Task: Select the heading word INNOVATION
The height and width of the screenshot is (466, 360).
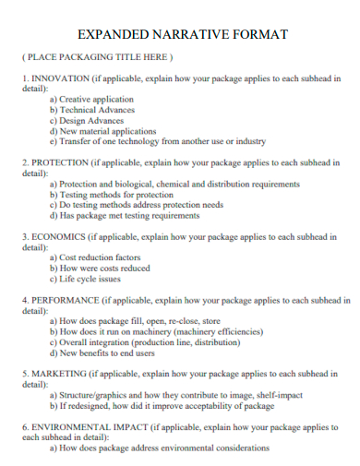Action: click(x=62, y=79)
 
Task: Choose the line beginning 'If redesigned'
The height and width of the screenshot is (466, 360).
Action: click(x=162, y=406)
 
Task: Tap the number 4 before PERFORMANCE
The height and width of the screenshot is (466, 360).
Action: click(x=24, y=300)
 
